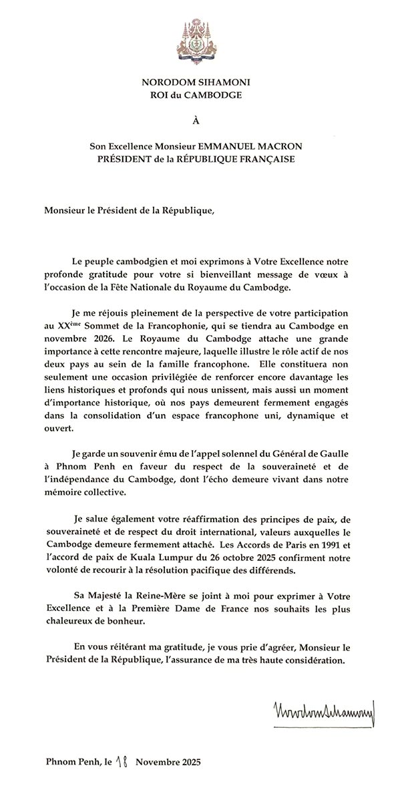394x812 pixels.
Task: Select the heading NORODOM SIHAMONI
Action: tap(196, 82)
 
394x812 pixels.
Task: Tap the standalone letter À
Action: tap(196, 120)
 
